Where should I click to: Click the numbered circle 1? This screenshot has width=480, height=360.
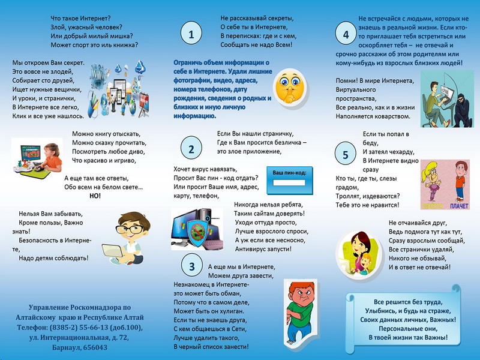[x=191, y=35]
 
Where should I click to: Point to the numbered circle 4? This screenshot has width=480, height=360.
[x=346, y=35]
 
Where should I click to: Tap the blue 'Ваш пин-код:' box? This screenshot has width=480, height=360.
[x=290, y=181]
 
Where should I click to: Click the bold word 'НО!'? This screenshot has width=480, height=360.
[x=94, y=196]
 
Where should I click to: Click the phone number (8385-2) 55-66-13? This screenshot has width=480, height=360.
[x=89, y=328]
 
